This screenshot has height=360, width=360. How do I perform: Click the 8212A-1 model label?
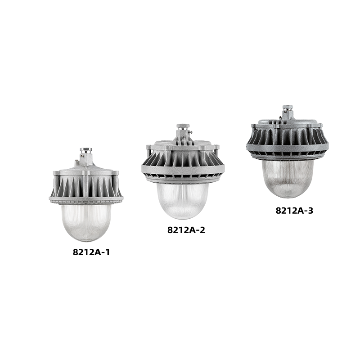[x=91, y=252]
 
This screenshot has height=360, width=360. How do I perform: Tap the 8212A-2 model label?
[x=186, y=230]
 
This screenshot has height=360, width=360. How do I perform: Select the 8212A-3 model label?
[x=294, y=211]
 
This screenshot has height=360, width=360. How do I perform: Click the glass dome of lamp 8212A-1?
[x=86, y=222]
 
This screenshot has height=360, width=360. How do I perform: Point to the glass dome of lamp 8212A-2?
[x=182, y=200]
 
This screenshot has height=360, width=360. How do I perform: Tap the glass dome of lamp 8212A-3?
[x=288, y=178]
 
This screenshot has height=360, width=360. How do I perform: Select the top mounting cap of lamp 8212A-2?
[x=183, y=126]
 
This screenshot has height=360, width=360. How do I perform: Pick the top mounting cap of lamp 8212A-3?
[x=288, y=108]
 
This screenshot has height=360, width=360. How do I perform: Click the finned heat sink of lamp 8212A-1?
[x=86, y=186]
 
